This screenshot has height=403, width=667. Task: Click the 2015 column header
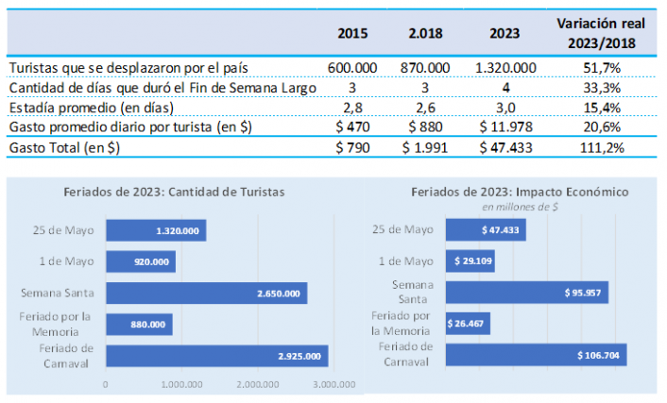coord(352,33)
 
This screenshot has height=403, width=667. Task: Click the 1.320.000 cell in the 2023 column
coord(506,68)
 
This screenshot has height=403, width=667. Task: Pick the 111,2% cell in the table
coord(604,147)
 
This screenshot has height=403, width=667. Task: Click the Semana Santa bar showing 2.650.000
coord(206,294)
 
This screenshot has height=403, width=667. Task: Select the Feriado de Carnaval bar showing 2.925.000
coord(216,356)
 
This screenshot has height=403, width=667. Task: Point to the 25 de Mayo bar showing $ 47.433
coord(486,230)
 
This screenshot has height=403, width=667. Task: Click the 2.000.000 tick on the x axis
coord(257,385)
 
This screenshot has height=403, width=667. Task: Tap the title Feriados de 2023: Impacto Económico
coord(519,192)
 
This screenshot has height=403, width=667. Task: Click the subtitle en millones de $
coord(519,205)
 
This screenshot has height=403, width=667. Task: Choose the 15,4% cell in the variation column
coord(604,108)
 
